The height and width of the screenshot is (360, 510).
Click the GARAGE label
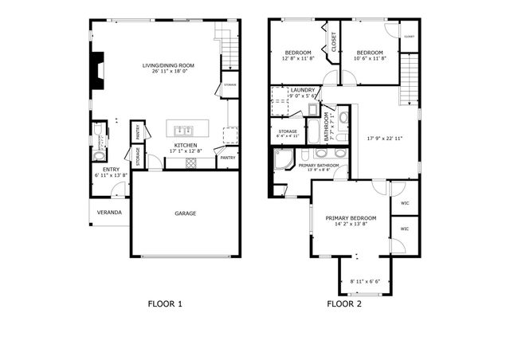click(x=186, y=213)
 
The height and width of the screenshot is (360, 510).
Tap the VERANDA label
click(x=109, y=213)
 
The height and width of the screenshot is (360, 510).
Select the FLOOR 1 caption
click(x=165, y=303)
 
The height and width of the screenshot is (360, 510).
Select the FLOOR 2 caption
click(x=344, y=303)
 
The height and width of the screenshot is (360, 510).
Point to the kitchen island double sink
click(x=181, y=130)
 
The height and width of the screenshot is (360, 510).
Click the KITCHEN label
click(x=186, y=145)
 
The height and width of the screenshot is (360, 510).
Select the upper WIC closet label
click(x=404, y=202)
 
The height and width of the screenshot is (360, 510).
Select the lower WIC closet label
click(x=404, y=229)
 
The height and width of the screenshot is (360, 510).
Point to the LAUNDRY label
click(x=303, y=90)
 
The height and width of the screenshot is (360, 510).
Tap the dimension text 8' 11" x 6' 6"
click(x=365, y=281)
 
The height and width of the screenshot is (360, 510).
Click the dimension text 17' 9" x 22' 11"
click(x=385, y=138)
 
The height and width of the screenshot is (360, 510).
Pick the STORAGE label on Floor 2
click(x=287, y=131)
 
